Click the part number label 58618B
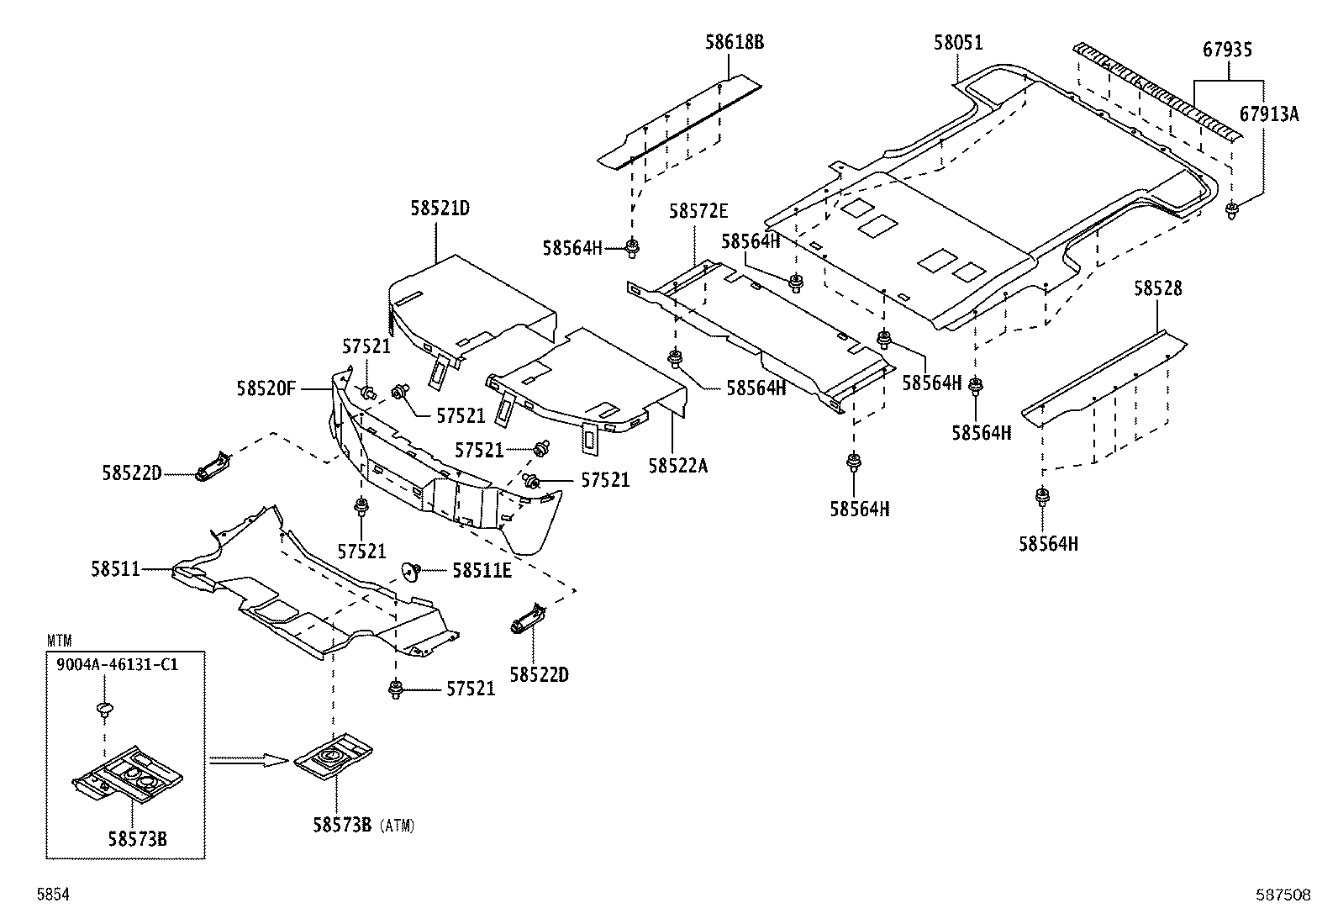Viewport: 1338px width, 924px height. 734,42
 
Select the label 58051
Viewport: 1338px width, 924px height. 958,42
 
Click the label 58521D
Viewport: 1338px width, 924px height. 440,209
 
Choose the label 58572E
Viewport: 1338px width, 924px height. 698,211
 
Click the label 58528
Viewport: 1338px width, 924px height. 1157,288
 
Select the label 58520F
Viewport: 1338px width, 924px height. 266,388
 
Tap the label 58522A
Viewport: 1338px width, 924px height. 677,465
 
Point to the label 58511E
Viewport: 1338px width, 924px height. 482,571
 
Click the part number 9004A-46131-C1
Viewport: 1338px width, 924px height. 117,664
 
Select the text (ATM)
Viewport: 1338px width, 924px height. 398,826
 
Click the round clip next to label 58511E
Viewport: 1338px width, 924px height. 411,572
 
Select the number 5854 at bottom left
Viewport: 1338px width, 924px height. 52,895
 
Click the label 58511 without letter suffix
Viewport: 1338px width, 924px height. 115,569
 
